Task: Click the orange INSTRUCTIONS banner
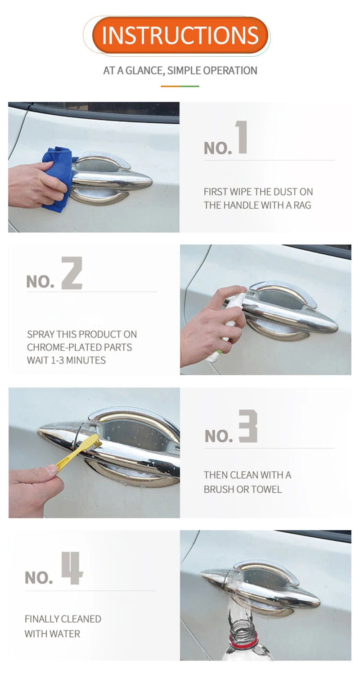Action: (x=180, y=35)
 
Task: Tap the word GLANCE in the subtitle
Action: (x=145, y=71)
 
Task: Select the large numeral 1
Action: (x=242, y=137)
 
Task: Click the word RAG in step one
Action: (x=302, y=205)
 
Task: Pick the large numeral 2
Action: (x=72, y=273)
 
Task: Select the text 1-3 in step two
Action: (x=57, y=360)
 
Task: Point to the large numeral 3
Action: (x=248, y=426)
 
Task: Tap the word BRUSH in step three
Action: (x=219, y=490)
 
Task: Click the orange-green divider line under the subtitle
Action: (x=180, y=86)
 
